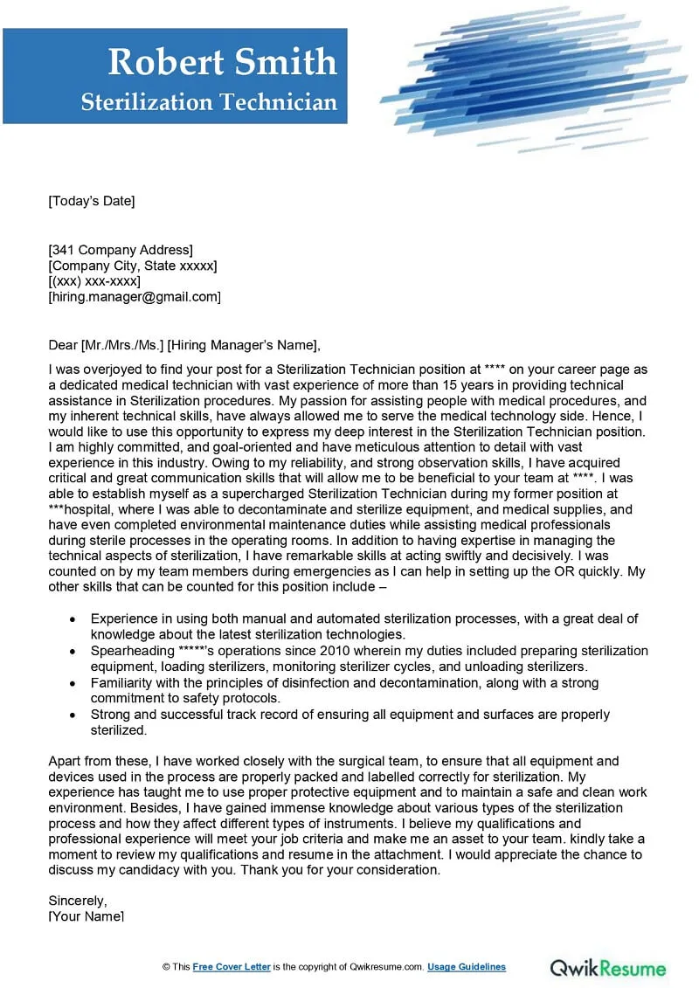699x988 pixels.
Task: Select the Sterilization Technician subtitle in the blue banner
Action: pyautogui.click(x=209, y=103)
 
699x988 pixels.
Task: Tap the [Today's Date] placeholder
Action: pyautogui.click(x=92, y=202)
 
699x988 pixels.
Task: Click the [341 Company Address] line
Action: pyautogui.click(x=121, y=250)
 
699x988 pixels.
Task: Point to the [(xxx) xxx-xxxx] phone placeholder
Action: pyautogui.click(x=94, y=281)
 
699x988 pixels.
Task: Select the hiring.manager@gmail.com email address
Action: pyautogui.click(x=135, y=297)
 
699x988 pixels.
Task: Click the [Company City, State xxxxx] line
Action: pyautogui.click(x=133, y=266)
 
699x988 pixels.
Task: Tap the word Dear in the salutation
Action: pyautogui.click(x=63, y=344)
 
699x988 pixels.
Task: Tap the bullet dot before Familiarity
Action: pyautogui.click(x=72, y=683)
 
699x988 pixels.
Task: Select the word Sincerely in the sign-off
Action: pyautogui.click(x=78, y=901)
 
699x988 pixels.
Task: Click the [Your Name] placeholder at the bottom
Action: pyautogui.click(x=86, y=916)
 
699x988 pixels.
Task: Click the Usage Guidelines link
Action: pyautogui.click(x=467, y=967)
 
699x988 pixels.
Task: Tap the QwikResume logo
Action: pyautogui.click(x=608, y=968)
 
